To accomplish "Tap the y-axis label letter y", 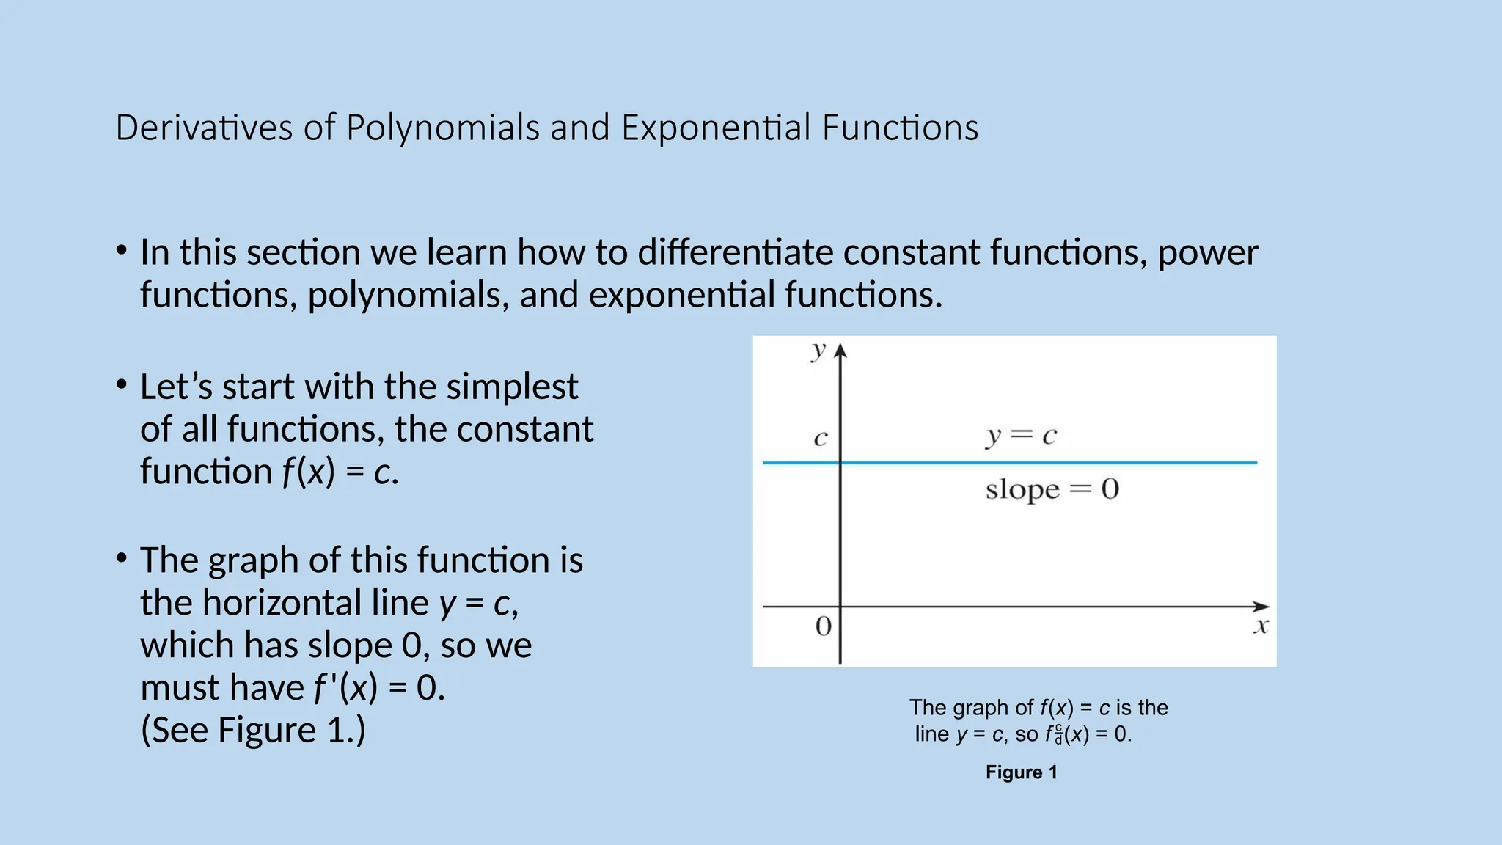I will pyautogui.click(x=818, y=351).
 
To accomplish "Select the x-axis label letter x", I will pyautogui.click(x=1261, y=626).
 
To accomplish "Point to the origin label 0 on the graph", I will pyautogui.click(x=824, y=626).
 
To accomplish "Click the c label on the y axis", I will pyautogui.click(x=821, y=439).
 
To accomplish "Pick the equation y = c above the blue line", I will pyautogui.click(x=1020, y=436).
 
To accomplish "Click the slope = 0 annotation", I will pyautogui.click(x=1052, y=489).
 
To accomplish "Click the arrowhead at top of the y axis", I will pyautogui.click(x=840, y=351).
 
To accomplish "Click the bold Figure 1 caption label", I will pyautogui.click(x=1021, y=772).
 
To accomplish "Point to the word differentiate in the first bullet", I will pyautogui.click(x=735, y=252).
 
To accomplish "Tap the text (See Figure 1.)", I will pyautogui.click(x=252, y=730).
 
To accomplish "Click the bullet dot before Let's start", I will pyautogui.click(x=122, y=384).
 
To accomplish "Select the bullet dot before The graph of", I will pyautogui.click(x=122, y=558).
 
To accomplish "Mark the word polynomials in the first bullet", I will pyautogui.click(x=408, y=295).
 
